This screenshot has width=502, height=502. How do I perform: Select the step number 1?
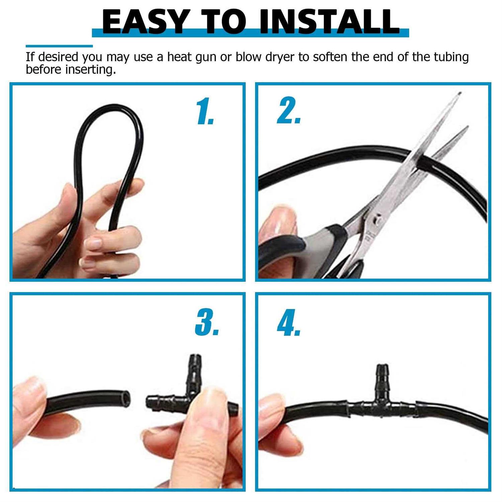(x=205, y=111)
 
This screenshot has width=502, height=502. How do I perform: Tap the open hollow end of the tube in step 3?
(x=125, y=399)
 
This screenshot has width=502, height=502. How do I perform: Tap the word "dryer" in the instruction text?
(x=280, y=58)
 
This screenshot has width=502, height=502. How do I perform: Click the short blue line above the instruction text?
(x=59, y=46)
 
